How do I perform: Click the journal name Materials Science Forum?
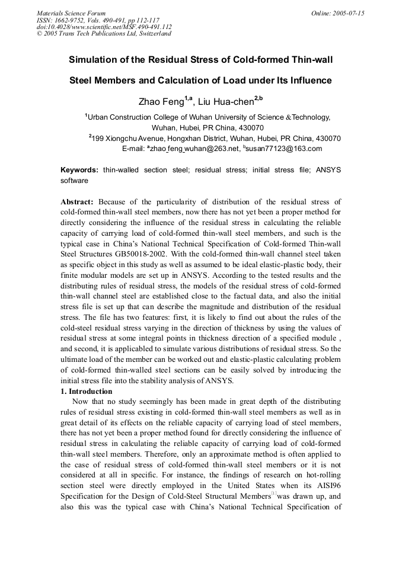[x=71, y=13]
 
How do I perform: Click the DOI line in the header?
[x=104, y=27]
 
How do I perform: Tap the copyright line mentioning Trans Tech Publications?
[x=104, y=34]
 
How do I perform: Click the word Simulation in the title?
[x=95, y=60]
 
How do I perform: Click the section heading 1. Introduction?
[x=87, y=391]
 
